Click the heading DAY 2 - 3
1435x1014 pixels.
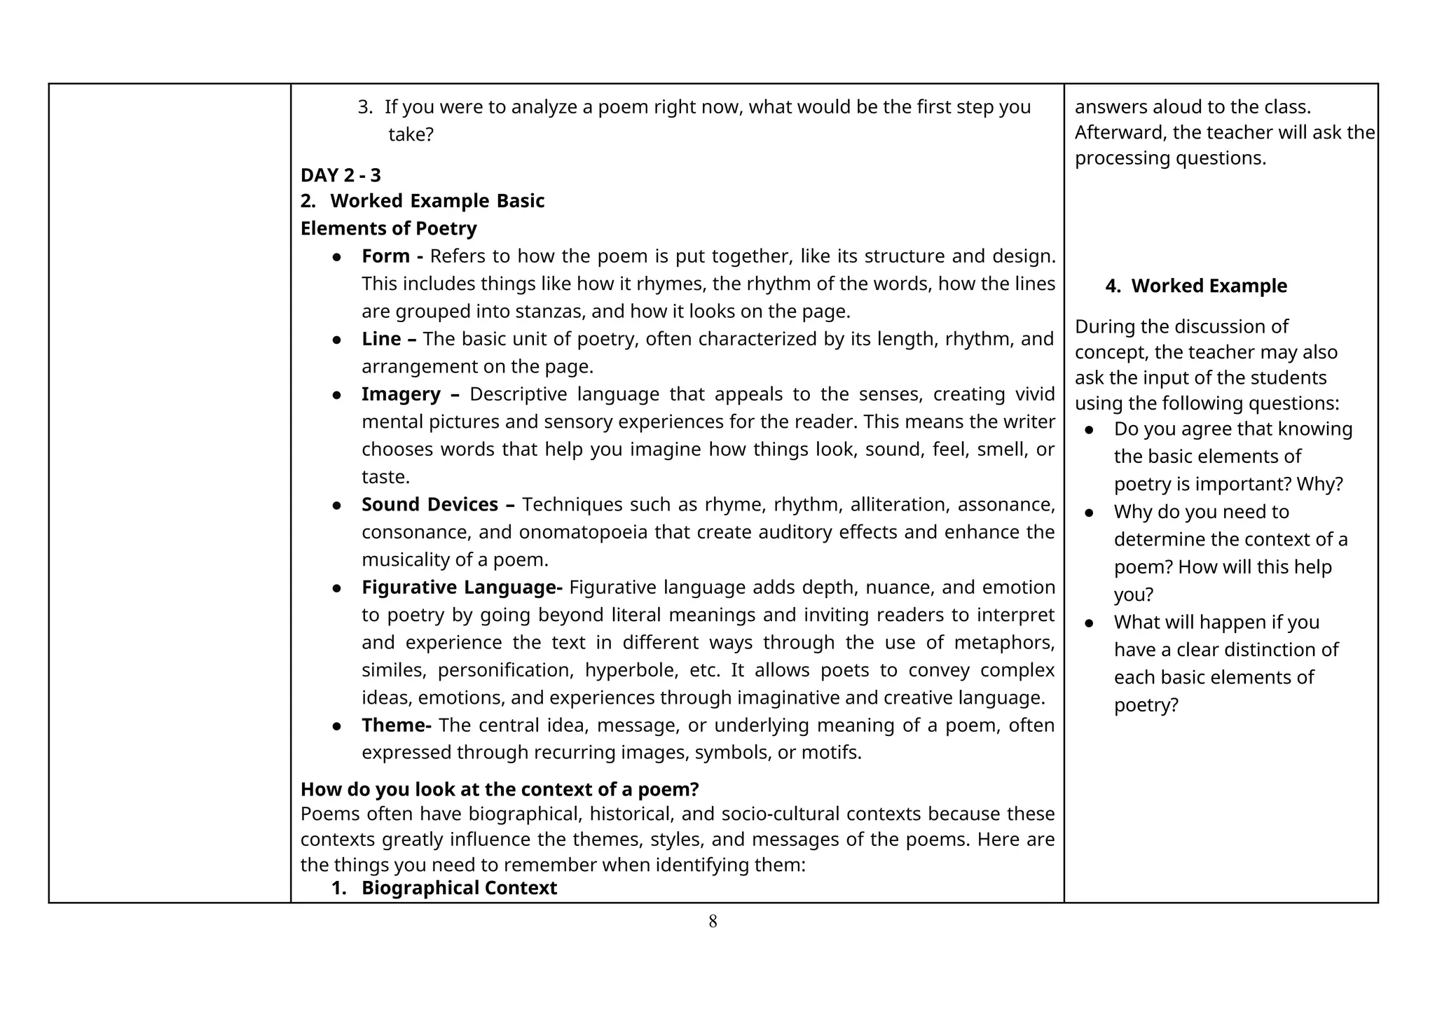tap(341, 175)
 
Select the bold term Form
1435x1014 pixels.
tap(385, 256)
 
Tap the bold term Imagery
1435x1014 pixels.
tap(401, 394)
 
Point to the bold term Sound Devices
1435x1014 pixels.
tap(430, 505)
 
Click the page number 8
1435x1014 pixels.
tap(713, 922)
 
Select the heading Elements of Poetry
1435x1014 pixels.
tap(388, 229)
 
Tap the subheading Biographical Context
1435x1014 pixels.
tap(459, 888)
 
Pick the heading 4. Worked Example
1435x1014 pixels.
tap(1196, 286)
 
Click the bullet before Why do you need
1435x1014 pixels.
tap(1089, 513)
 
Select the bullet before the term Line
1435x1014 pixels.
tap(336, 340)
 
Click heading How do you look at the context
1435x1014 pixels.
tap(500, 789)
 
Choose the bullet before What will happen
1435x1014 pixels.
tap(1089, 623)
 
